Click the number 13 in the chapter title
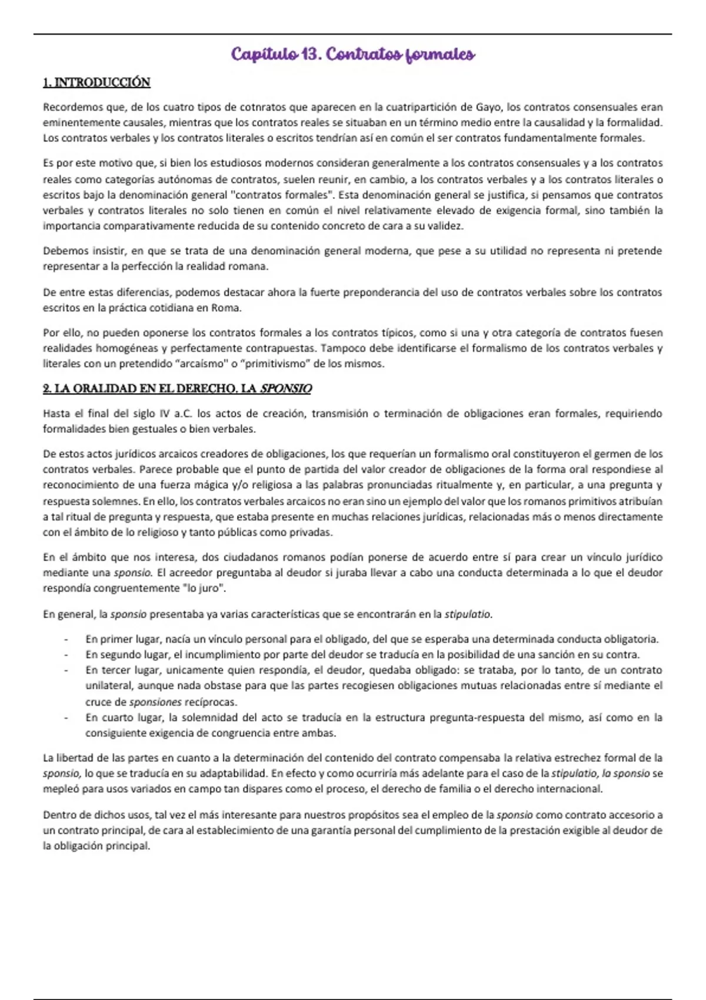click(x=309, y=55)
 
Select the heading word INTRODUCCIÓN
click(x=102, y=82)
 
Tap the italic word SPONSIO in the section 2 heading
click(x=286, y=389)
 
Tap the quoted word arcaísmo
click(x=202, y=364)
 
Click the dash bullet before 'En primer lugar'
click(x=66, y=639)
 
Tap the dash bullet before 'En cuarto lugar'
click(x=66, y=718)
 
